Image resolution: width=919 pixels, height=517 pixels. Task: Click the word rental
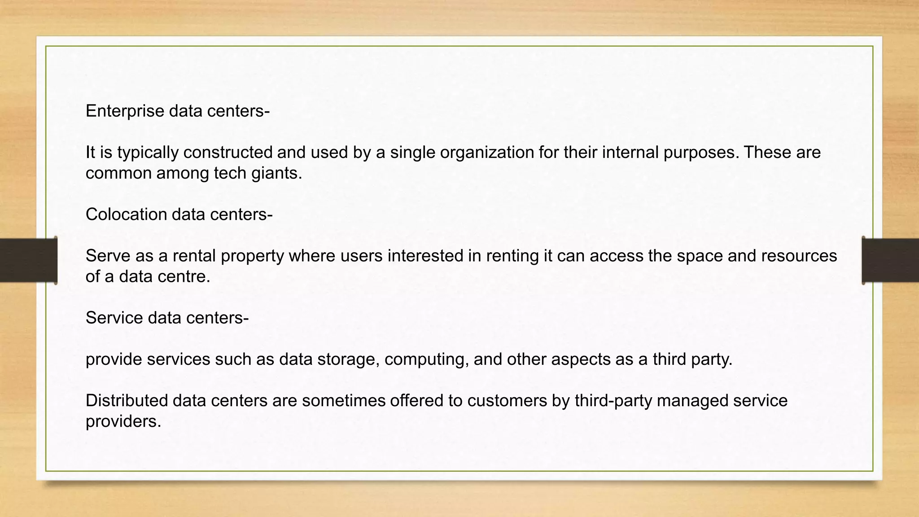194,256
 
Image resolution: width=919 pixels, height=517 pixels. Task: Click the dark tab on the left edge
28,260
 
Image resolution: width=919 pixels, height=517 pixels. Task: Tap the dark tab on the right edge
890,260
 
